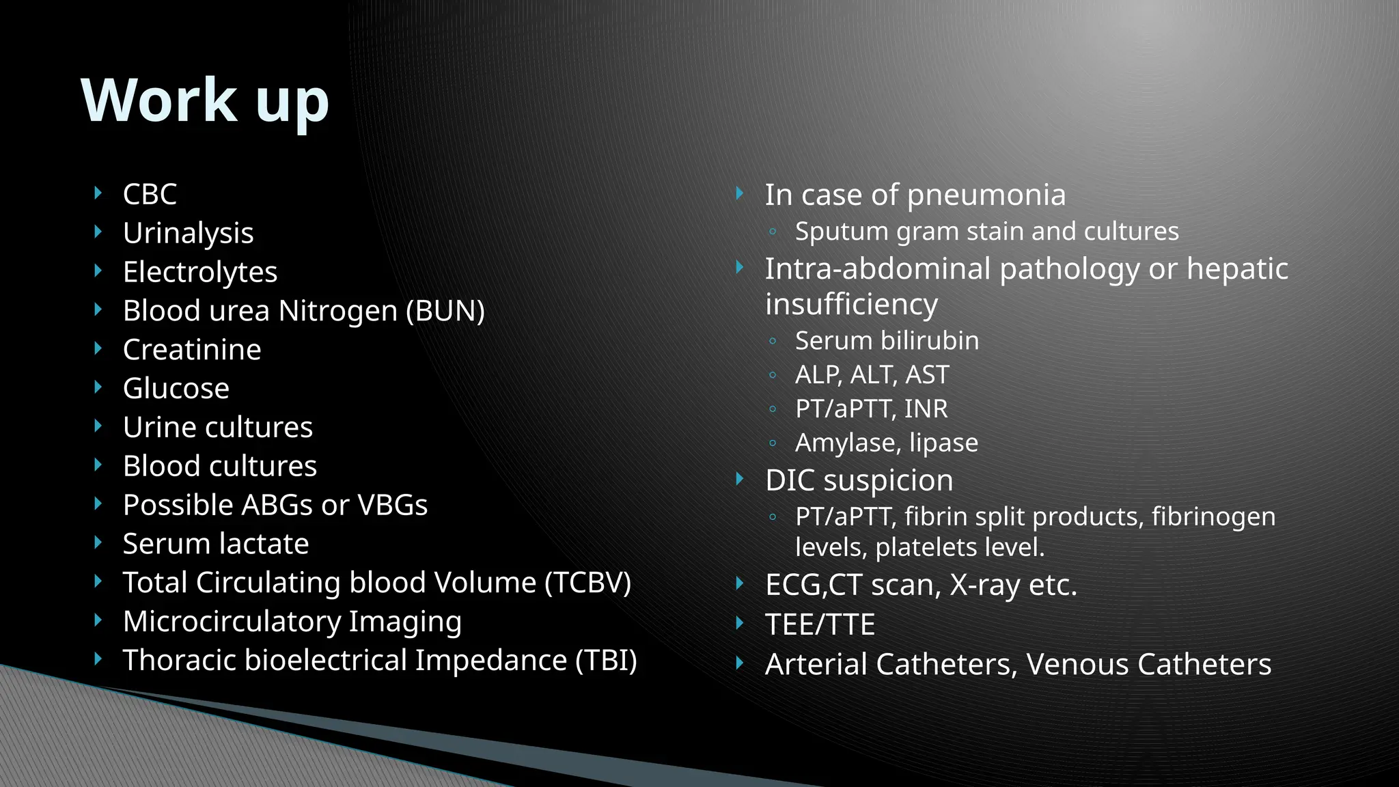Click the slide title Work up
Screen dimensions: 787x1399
[205, 100]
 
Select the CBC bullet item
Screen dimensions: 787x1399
[150, 194]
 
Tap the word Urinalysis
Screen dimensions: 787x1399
[188, 233]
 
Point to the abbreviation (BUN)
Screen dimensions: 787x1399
[445, 311]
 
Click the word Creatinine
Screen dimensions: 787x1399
[192, 350]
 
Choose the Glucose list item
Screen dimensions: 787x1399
[176, 389]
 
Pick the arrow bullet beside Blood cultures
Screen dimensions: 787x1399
[98, 465]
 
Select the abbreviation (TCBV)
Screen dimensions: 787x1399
[587, 583]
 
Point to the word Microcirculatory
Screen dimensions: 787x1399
[232, 622]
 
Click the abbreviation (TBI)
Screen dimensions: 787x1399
[606, 661]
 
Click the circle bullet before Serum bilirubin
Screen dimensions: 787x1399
[773, 341]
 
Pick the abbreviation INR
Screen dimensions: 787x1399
[926, 409]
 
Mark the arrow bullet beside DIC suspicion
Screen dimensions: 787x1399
[740, 480]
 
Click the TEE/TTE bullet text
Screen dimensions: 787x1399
[820, 624]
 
